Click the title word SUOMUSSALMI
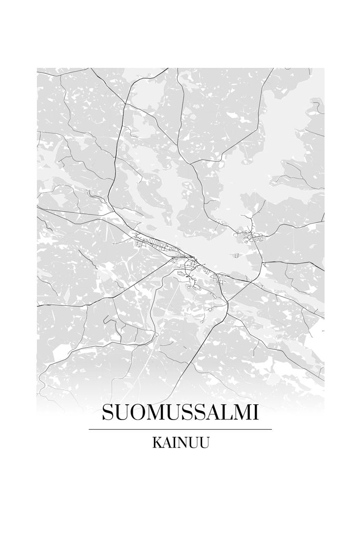click(180, 413)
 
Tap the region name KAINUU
click(180, 443)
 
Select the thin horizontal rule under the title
click(180, 429)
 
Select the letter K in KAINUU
click(157, 443)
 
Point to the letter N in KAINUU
click(182, 443)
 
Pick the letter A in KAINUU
click(167, 443)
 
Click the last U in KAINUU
click(205, 443)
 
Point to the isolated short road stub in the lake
click(237, 255)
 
